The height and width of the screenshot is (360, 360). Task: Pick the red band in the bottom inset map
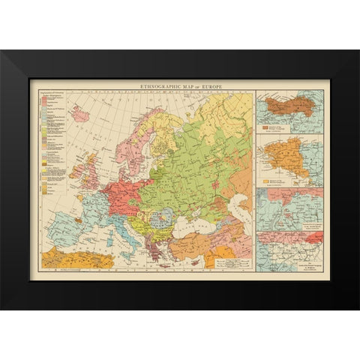(x=289, y=238)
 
